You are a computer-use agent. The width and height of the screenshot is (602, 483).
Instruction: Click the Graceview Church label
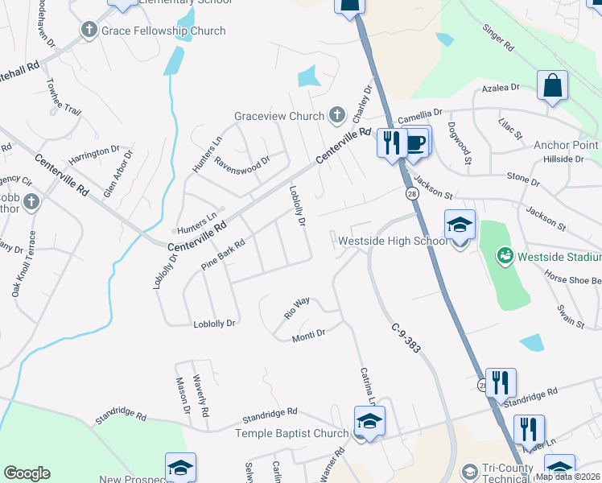[x=278, y=116]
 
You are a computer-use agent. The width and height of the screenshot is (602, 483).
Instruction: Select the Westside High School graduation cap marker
[x=460, y=225]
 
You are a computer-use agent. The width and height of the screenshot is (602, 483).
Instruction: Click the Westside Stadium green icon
[x=505, y=257]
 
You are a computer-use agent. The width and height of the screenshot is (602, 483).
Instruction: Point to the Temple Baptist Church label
[x=291, y=433]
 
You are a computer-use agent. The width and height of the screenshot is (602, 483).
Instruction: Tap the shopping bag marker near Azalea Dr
[x=552, y=86]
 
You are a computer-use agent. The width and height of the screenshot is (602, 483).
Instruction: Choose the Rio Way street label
[x=297, y=308]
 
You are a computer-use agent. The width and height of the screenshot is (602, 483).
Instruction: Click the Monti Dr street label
[x=308, y=334]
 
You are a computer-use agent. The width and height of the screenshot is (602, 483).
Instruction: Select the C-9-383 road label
[x=408, y=339]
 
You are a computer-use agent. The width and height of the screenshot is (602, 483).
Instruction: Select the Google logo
[x=27, y=473]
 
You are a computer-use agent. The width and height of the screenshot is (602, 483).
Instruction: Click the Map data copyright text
[x=567, y=477]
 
